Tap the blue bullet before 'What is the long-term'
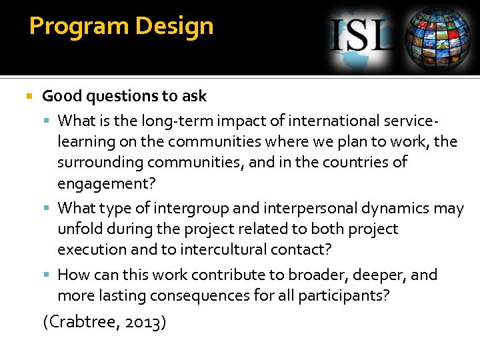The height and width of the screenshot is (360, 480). point(47,121)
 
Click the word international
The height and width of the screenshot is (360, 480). point(332,121)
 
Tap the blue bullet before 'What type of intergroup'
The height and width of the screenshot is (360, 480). point(47,209)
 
